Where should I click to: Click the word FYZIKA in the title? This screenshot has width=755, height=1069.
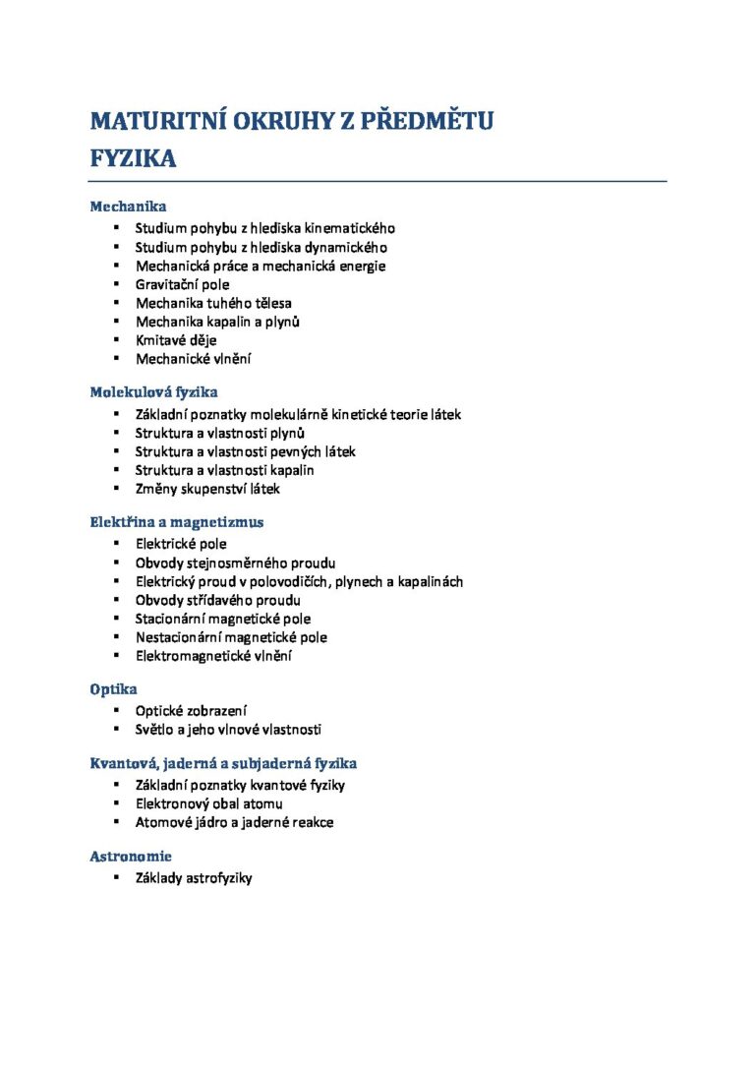(133, 158)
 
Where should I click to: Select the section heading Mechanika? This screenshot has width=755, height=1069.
(128, 207)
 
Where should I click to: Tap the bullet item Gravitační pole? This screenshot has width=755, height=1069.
(182, 285)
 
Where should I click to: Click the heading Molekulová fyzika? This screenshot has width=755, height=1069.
(153, 391)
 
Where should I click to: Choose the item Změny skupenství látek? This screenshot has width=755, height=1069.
(207, 488)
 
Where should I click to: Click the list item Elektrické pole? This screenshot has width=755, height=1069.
(181, 543)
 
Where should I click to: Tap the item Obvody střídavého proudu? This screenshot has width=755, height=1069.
(217, 600)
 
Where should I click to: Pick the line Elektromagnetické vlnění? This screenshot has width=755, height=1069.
(213, 656)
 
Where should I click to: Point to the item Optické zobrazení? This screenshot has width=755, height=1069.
(191, 710)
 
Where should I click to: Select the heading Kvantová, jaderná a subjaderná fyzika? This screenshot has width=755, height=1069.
(223, 763)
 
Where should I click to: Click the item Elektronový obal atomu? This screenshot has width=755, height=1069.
(208, 803)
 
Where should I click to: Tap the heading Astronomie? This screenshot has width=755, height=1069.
(131, 857)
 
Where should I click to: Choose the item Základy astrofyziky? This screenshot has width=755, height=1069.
(194, 877)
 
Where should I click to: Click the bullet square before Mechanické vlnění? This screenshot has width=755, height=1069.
(115, 359)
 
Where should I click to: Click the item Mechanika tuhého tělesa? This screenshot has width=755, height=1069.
(213, 303)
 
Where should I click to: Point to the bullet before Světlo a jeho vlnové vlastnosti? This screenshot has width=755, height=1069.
(115, 729)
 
